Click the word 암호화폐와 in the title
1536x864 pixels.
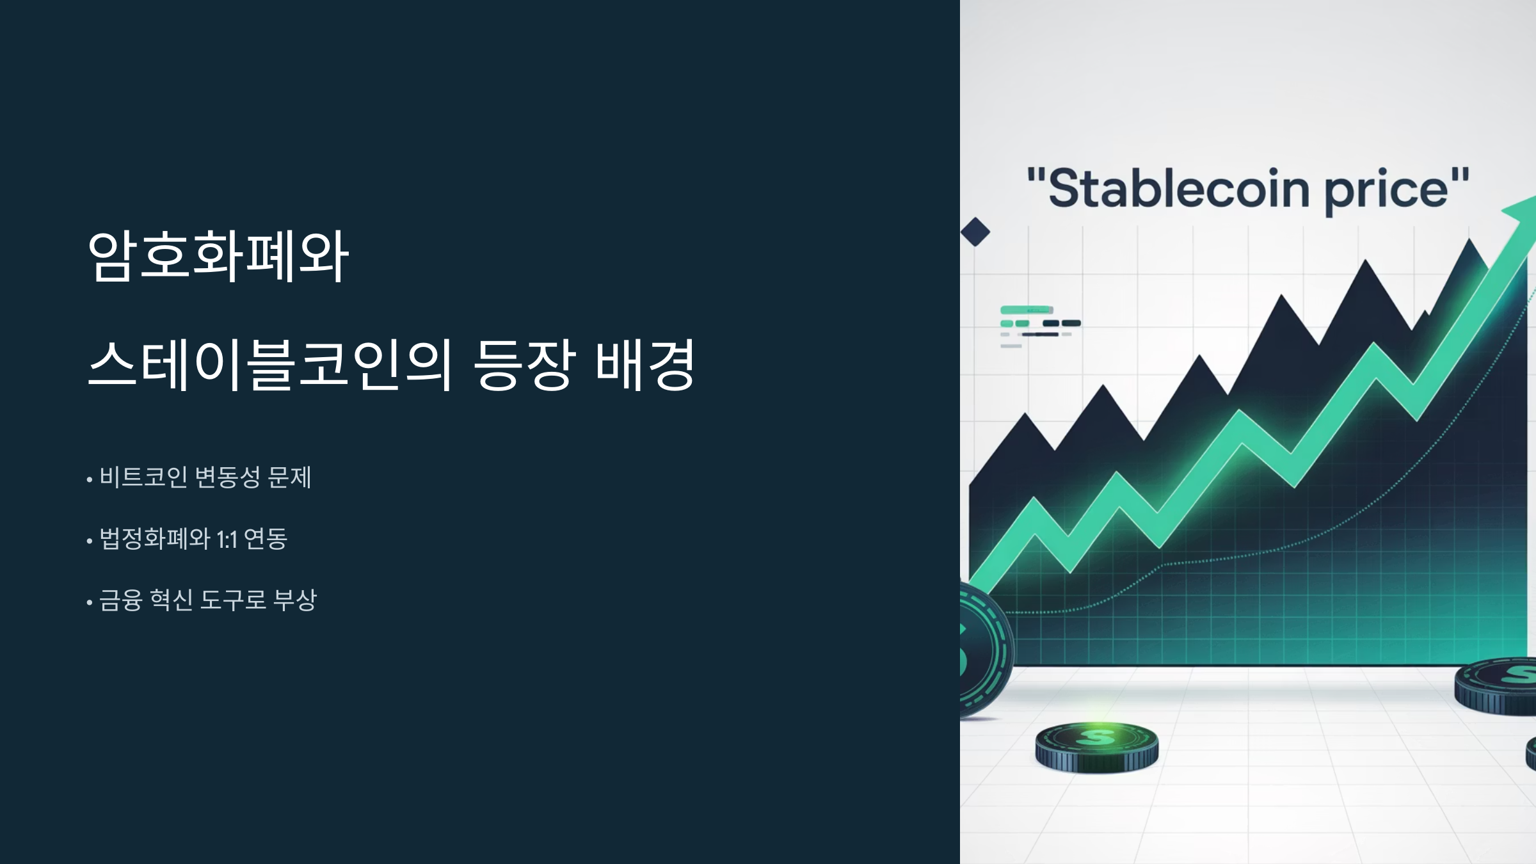click(x=218, y=256)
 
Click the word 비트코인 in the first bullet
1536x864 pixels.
click(x=143, y=477)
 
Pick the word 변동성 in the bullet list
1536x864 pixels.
click(x=227, y=477)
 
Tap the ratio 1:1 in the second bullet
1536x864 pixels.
click(x=227, y=540)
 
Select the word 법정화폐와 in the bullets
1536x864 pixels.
click(x=155, y=539)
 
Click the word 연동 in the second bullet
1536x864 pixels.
click(x=266, y=539)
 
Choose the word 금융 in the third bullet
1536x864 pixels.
click(x=120, y=600)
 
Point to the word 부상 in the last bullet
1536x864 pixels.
click(x=295, y=600)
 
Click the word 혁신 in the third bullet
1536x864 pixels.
click(x=171, y=600)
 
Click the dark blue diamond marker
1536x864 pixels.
click(x=975, y=232)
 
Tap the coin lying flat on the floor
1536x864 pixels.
click(x=1097, y=746)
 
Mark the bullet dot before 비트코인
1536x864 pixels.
click(x=90, y=479)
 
